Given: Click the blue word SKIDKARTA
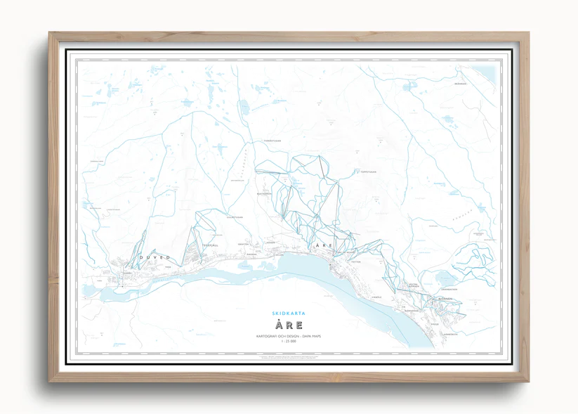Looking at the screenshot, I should pyautogui.click(x=289, y=313).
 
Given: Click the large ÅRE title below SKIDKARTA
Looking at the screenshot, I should pyautogui.click(x=289, y=325).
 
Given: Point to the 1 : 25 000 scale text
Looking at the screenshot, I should pyautogui.click(x=289, y=344).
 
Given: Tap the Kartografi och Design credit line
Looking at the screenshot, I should pyautogui.click(x=289, y=337).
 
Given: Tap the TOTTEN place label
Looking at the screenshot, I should pyautogui.click(x=355, y=261).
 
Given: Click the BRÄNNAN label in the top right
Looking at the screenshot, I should pyautogui.click(x=480, y=83).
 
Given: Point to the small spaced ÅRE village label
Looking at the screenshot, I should pyautogui.click(x=324, y=245).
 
